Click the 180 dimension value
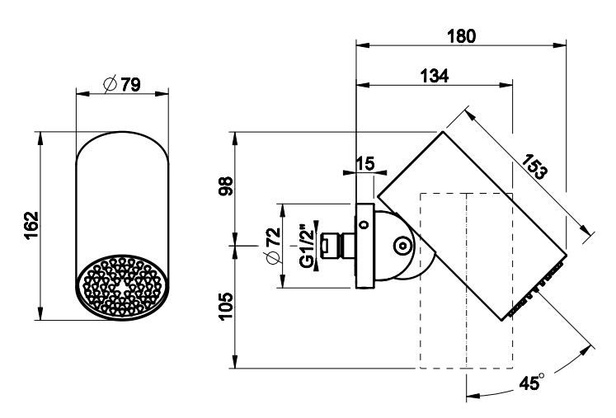462,36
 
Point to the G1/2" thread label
306,245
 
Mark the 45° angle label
533,382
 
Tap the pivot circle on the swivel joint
401,246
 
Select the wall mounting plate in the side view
363,245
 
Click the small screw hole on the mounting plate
363,222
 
